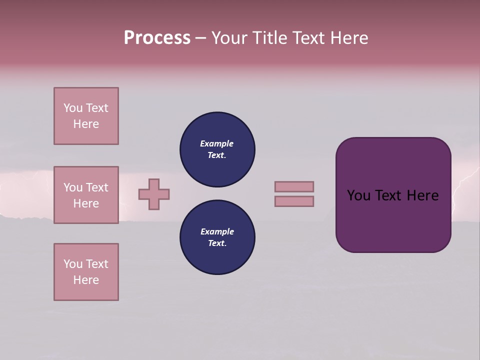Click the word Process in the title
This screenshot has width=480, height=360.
pos(157,38)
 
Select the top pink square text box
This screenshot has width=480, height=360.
pos(86,116)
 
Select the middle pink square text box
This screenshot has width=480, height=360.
pos(86,195)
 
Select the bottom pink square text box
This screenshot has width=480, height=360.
pos(86,272)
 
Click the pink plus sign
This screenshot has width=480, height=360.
pos(154,194)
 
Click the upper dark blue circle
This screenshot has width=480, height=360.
pos(217,149)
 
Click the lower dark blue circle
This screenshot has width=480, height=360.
pos(217,237)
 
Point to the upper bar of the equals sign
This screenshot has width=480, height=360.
pos(294,186)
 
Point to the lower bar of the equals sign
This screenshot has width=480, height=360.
pos(294,201)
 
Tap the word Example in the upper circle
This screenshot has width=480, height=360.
pos(217,143)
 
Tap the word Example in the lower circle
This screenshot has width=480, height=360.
pos(217,231)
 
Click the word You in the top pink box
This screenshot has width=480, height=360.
pos(72,108)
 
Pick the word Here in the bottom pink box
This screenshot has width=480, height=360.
pos(86,280)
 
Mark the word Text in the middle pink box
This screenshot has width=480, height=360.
pos(97,187)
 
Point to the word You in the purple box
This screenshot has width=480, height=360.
pos(358,195)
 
